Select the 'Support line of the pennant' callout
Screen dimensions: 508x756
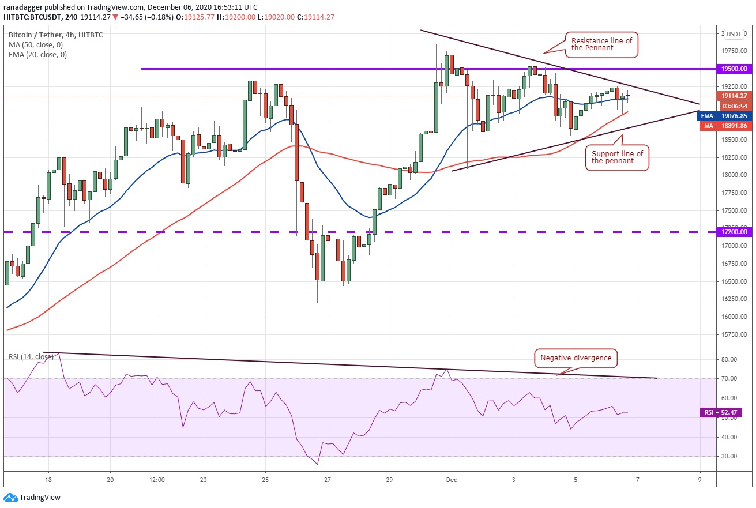coord(617,157)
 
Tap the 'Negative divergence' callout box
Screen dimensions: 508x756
coord(575,358)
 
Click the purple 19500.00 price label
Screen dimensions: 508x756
coord(735,69)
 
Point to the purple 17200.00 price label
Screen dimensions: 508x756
coord(735,232)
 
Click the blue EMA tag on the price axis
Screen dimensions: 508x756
coord(707,116)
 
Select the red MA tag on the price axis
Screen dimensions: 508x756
coord(707,126)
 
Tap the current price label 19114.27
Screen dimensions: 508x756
coord(735,96)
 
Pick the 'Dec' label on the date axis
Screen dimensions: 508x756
coord(452,479)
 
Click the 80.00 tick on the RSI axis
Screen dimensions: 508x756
coord(729,359)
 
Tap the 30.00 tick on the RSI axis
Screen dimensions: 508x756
coord(729,456)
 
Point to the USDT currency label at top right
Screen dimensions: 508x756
coord(734,34)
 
